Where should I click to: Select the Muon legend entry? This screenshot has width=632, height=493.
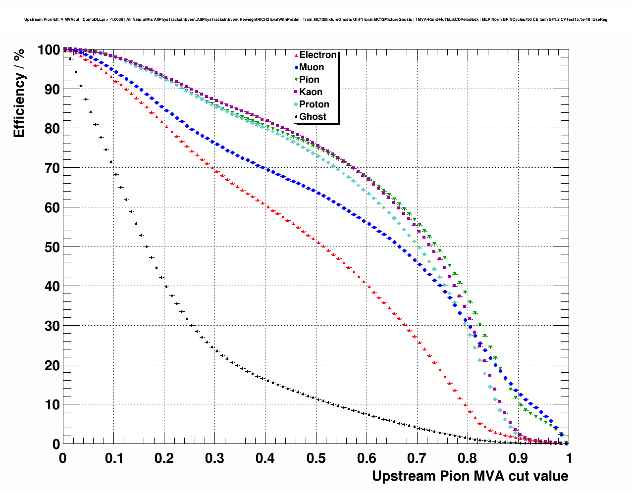pyautogui.click(x=312, y=67)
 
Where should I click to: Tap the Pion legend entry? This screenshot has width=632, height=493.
pyautogui.click(x=309, y=80)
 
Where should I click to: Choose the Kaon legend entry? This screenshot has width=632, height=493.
pyautogui.click(x=311, y=92)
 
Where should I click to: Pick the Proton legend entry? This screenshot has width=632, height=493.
pyautogui.click(x=314, y=104)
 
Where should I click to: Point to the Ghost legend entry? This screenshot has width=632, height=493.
pyautogui.click(x=313, y=117)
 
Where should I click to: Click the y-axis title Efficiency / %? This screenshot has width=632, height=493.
pyautogui.click(x=19, y=94)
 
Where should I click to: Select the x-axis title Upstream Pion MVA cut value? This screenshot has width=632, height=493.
pyautogui.click(x=470, y=476)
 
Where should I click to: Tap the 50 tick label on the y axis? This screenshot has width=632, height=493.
pyautogui.click(x=50, y=247)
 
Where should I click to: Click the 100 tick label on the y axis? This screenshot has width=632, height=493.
pyautogui.click(x=48, y=50)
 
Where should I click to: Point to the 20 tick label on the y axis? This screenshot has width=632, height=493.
pyautogui.click(x=50, y=365)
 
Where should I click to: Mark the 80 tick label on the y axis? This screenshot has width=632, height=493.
pyautogui.click(x=50, y=129)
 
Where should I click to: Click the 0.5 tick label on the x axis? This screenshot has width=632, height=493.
pyautogui.click(x=316, y=458)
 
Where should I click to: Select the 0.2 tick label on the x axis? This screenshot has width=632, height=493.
pyautogui.click(x=164, y=458)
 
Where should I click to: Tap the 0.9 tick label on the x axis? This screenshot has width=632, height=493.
pyautogui.click(x=519, y=458)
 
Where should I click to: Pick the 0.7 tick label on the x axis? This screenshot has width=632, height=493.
pyautogui.click(x=417, y=458)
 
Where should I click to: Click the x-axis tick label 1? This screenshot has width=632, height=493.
pyautogui.click(x=569, y=458)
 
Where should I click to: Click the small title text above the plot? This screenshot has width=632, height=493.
pyautogui.click(x=316, y=20)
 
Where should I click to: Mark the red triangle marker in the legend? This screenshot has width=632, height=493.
pyautogui.click(x=296, y=55)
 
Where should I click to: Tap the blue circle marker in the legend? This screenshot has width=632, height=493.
pyautogui.click(x=296, y=68)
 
